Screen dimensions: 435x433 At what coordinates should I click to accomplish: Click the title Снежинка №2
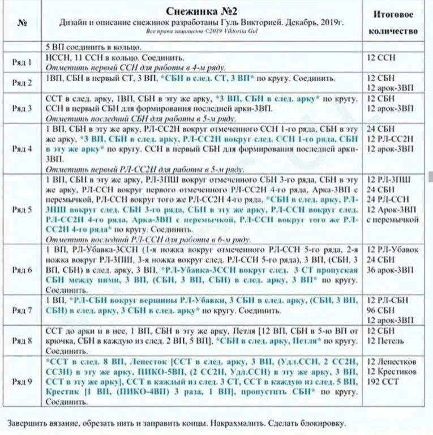click(x=201, y=12)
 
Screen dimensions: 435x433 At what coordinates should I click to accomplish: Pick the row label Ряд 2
click(x=22, y=82)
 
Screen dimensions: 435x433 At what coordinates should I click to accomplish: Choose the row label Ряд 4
click(x=22, y=149)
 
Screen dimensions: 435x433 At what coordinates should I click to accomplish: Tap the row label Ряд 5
click(x=22, y=210)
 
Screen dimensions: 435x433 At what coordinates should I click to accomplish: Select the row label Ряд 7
click(x=22, y=310)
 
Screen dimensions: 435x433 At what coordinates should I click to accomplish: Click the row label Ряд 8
click(x=22, y=340)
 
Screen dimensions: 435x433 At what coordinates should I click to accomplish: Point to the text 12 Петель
click(x=385, y=340)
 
